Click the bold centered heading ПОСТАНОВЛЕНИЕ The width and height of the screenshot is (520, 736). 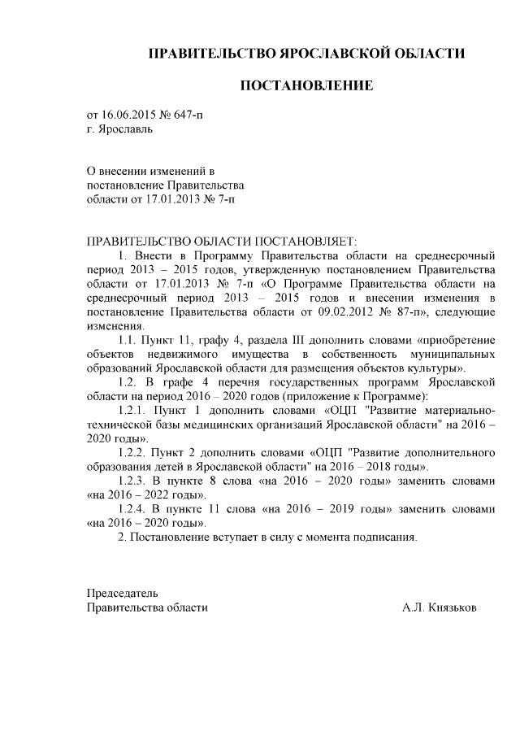[305, 85]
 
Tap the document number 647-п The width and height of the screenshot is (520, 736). [188, 115]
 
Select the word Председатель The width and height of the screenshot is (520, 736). [123, 593]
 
